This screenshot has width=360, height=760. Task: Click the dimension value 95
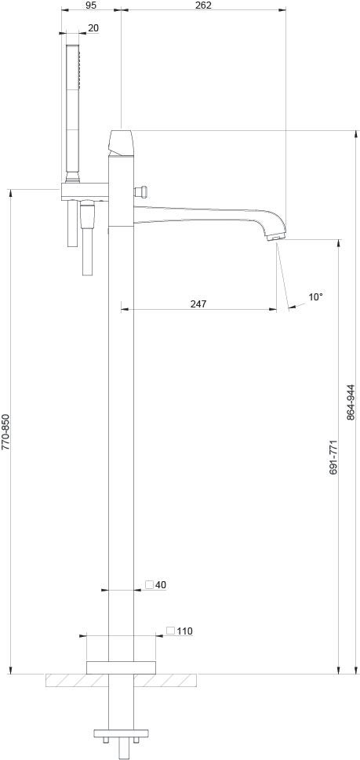[x=91, y=5]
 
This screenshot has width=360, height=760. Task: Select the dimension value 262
[x=204, y=5]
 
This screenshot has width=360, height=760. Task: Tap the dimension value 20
[x=93, y=28]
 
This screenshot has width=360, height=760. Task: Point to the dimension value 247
[x=198, y=304]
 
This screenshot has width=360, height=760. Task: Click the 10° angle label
[x=315, y=297]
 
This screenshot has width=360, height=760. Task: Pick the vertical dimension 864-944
[x=351, y=402]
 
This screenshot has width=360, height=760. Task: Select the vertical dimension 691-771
[x=333, y=456]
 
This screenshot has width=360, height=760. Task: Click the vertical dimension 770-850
[x=5, y=431]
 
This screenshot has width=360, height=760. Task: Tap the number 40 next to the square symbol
[x=161, y=585]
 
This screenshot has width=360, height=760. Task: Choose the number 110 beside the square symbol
[x=184, y=631]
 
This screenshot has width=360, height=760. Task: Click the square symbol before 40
[x=149, y=584]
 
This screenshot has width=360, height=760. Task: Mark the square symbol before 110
[x=170, y=630]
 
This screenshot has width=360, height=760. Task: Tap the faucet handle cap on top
[x=122, y=142]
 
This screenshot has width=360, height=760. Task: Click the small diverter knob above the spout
[x=143, y=191]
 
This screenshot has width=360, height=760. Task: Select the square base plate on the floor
[x=121, y=667]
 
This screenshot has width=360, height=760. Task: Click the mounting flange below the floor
[x=121, y=735]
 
